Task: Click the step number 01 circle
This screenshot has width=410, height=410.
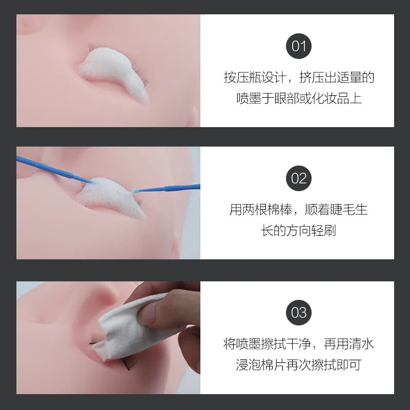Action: (299, 46)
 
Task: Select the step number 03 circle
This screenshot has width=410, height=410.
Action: (299, 312)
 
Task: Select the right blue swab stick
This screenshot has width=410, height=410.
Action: (169, 188)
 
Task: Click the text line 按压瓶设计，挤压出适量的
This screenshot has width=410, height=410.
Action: (299, 78)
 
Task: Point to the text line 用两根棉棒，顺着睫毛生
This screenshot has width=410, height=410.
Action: (299, 210)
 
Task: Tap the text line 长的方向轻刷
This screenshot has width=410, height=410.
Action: (299, 231)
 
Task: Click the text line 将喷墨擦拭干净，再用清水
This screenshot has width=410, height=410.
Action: (299, 344)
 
